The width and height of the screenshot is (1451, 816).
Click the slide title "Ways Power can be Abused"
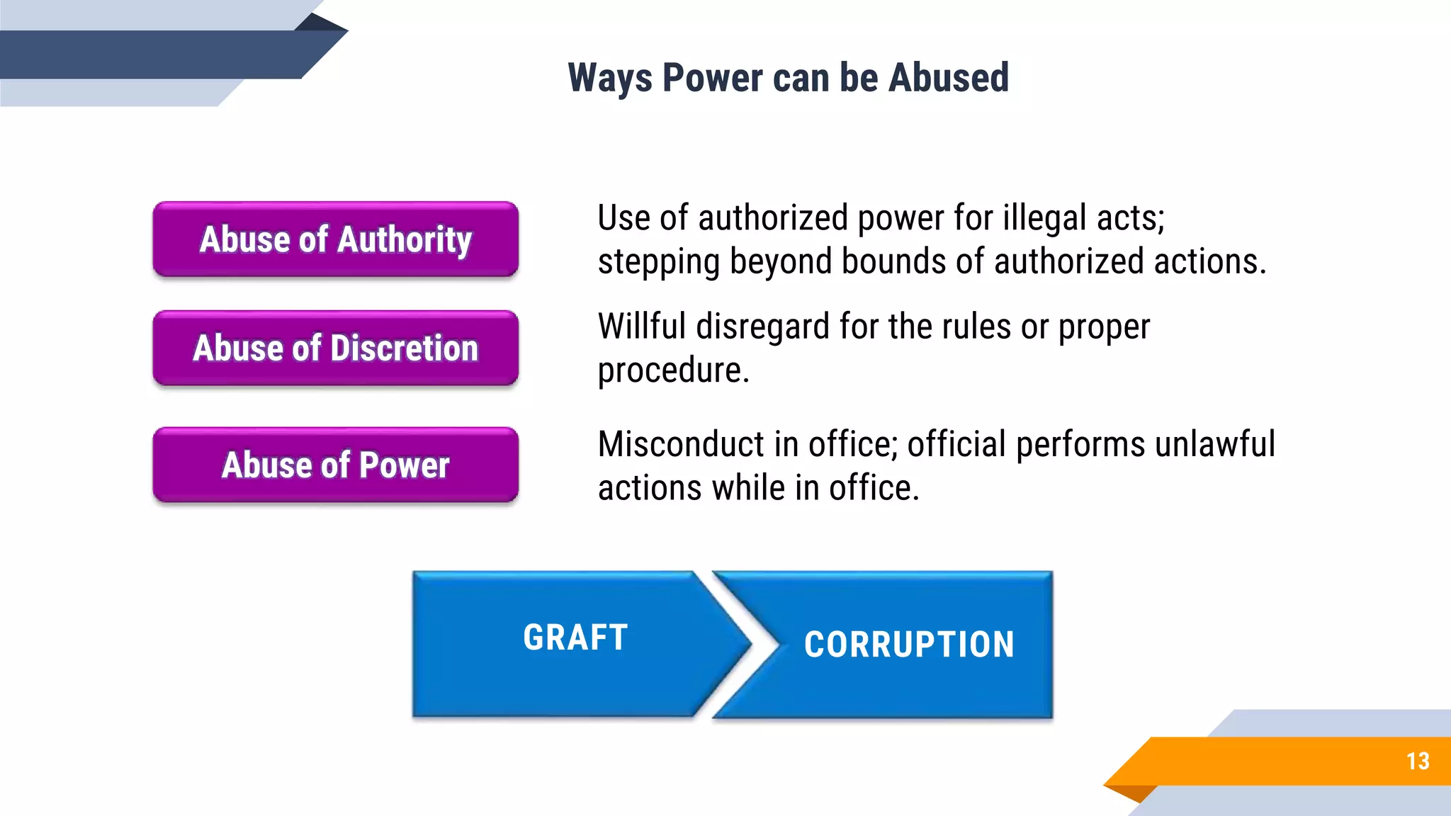pyautogui.click(x=788, y=78)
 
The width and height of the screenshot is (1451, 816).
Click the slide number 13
pyautogui.click(x=1418, y=761)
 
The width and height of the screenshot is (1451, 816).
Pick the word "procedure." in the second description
pyautogui.click(x=673, y=371)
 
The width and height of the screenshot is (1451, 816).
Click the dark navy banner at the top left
pyautogui.click(x=156, y=54)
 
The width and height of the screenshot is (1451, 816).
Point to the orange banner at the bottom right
pyautogui.click(x=1275, y=761)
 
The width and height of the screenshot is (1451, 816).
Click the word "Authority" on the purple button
pyautogui.click(x=404, y=239)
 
